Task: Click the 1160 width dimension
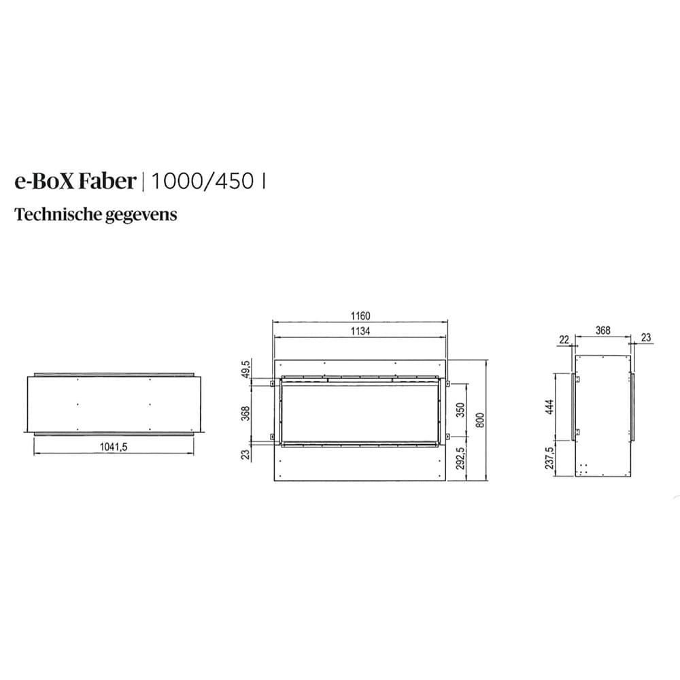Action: point(360,316)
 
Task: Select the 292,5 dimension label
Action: point(460,458)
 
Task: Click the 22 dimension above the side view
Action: point(564,339)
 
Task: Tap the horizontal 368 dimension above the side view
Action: point(602,330)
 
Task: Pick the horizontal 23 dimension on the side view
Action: point(646,337)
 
